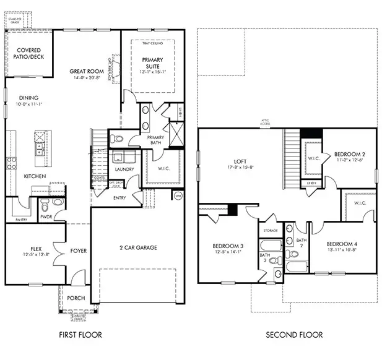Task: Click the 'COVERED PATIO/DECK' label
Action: (28, 54)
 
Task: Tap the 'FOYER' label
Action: (78, 251)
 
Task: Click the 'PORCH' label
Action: (76, 298)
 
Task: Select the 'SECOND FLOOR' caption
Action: (294, 335)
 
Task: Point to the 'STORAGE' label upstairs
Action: (271, 230)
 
